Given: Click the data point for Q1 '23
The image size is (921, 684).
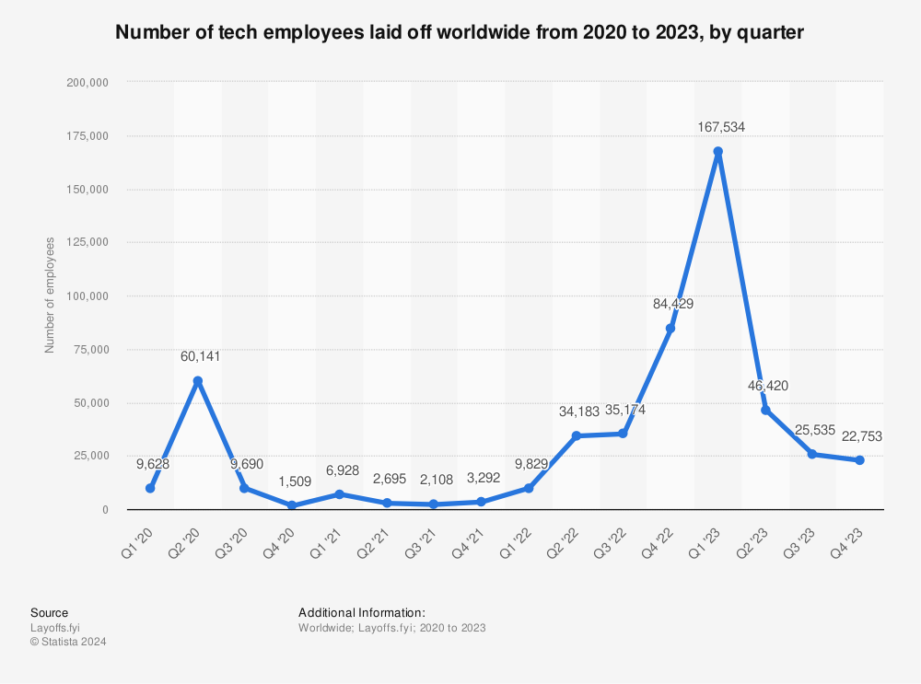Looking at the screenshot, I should click(717, 152).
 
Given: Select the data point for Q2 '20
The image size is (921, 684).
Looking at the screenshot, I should click(197, 381).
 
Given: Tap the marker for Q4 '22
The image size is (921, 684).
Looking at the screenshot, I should click(670, 329).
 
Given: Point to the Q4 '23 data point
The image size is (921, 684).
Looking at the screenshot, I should click(859, 460).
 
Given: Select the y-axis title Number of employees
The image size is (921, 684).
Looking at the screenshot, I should click(51, 295).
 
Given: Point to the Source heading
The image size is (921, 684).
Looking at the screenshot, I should click(49, 612).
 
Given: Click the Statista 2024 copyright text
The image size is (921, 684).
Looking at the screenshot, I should click(68, 642).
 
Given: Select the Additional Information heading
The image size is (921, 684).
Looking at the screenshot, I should click(361, 612).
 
